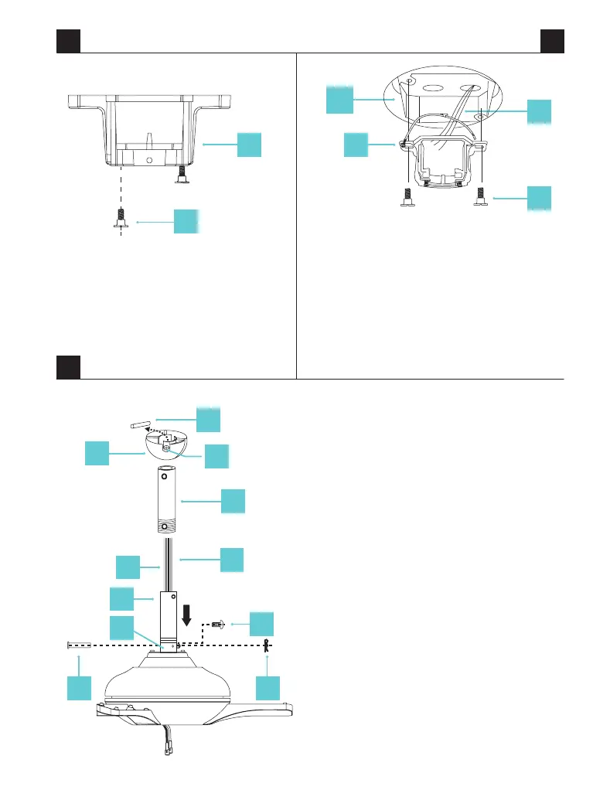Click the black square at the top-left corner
[x=68, y=41]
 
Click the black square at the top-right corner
[x=552, y=41]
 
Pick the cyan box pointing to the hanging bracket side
[x=248, y=145]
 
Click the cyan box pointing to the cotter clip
[x=267, y=690]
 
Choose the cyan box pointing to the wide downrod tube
[x=233, y=501]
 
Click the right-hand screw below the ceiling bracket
[x=480, y=199]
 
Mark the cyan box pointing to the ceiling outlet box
[x=339, y=100]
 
